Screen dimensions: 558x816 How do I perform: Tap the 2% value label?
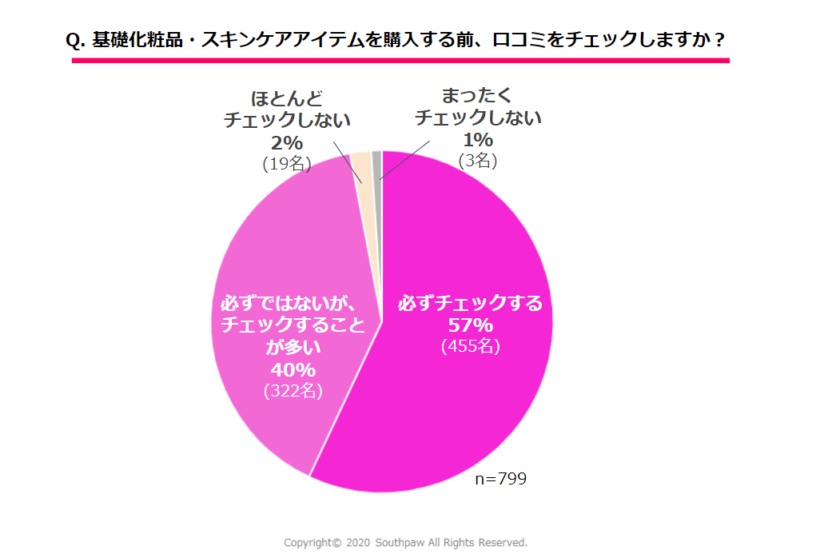coord(285,142)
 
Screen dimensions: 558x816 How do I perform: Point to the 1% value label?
coord(477,140)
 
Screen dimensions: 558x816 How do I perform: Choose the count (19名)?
coord(285,163)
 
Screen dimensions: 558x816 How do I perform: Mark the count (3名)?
coord(478,160)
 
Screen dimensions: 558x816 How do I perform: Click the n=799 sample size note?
coord(500,479)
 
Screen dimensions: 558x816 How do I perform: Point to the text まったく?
coord(477,96)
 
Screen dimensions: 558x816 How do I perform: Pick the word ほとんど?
coord(287,99)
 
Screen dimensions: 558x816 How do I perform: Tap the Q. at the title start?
coord(77,40)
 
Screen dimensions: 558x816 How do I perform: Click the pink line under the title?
coord(400,60)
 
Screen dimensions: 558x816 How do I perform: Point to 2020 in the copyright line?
coord(358,542)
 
